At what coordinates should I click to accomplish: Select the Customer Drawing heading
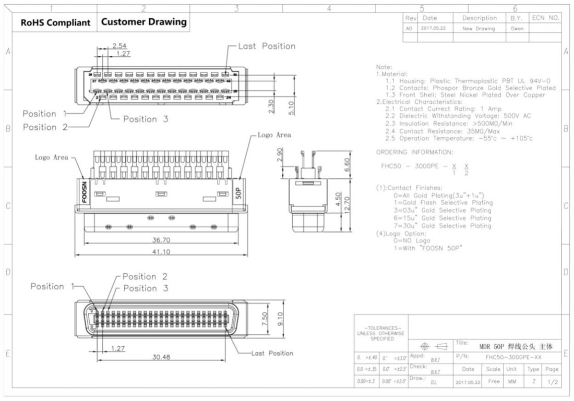[x=143, y=22]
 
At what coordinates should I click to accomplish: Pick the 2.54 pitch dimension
[x=119, y=45]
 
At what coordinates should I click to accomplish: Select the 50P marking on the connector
[x=237, y=191]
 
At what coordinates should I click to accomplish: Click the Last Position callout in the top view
[x=266, y=46]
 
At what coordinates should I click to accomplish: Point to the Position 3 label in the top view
[x=146, y=119]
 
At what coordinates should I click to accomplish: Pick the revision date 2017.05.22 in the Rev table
[x=433, y=29]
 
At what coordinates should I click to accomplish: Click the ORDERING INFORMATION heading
[x=415, y=152]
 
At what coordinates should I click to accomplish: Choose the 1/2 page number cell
[x=552, y=382]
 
